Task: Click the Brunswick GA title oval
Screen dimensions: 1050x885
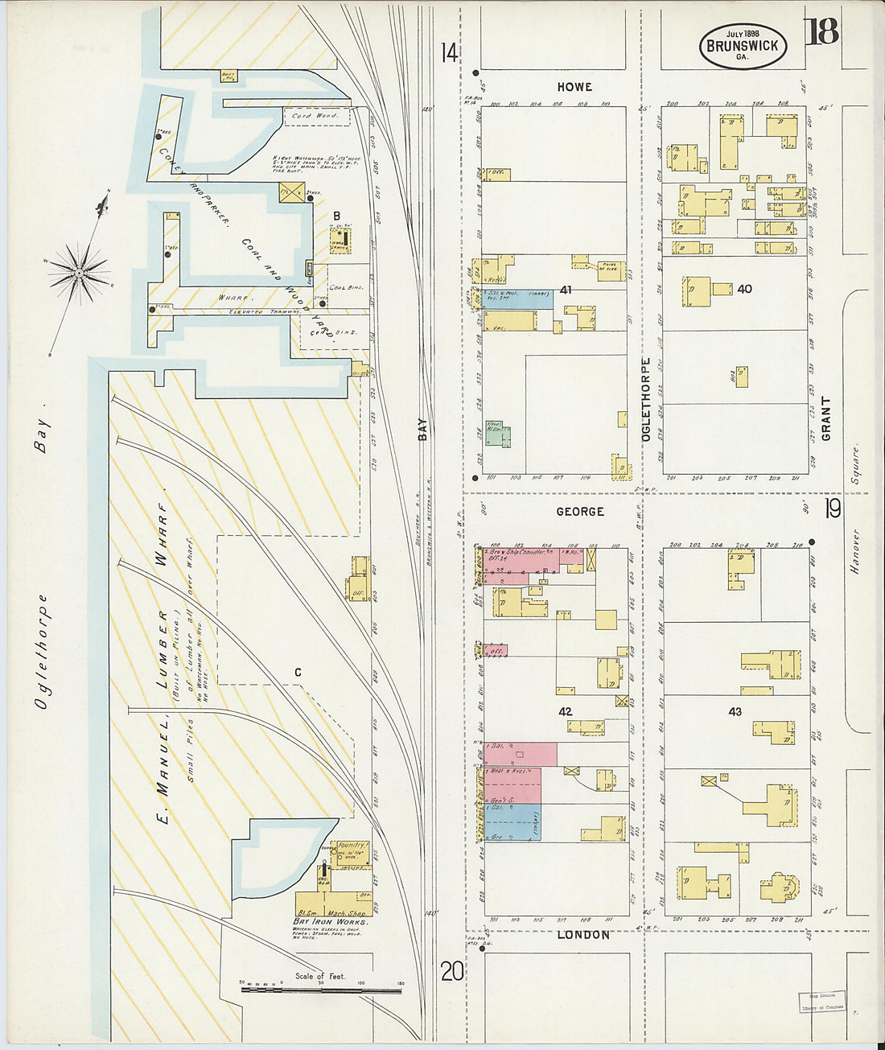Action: pos(742,46)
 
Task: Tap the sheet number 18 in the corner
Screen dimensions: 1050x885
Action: pos(820,31)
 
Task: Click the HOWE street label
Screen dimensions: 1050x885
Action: pos(574,87)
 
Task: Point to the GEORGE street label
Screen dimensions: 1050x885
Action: pos(579,512)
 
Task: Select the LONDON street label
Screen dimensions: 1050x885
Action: pos(582,935)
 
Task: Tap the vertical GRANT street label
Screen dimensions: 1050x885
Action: pos(825,418)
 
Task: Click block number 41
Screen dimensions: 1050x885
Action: pos(566,290)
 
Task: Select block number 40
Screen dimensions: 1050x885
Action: pos(744,289)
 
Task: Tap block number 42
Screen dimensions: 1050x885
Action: pos(565,712)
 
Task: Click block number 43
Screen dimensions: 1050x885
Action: pos(735,712)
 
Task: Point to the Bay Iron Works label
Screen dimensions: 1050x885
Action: pos(331,921)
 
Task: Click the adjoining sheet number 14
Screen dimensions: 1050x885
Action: pos(449,54)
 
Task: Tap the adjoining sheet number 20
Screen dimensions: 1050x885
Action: pos(451,973)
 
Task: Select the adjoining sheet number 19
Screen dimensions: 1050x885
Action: pos(832,509)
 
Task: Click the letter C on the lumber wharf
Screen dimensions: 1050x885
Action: pos(298,673)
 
